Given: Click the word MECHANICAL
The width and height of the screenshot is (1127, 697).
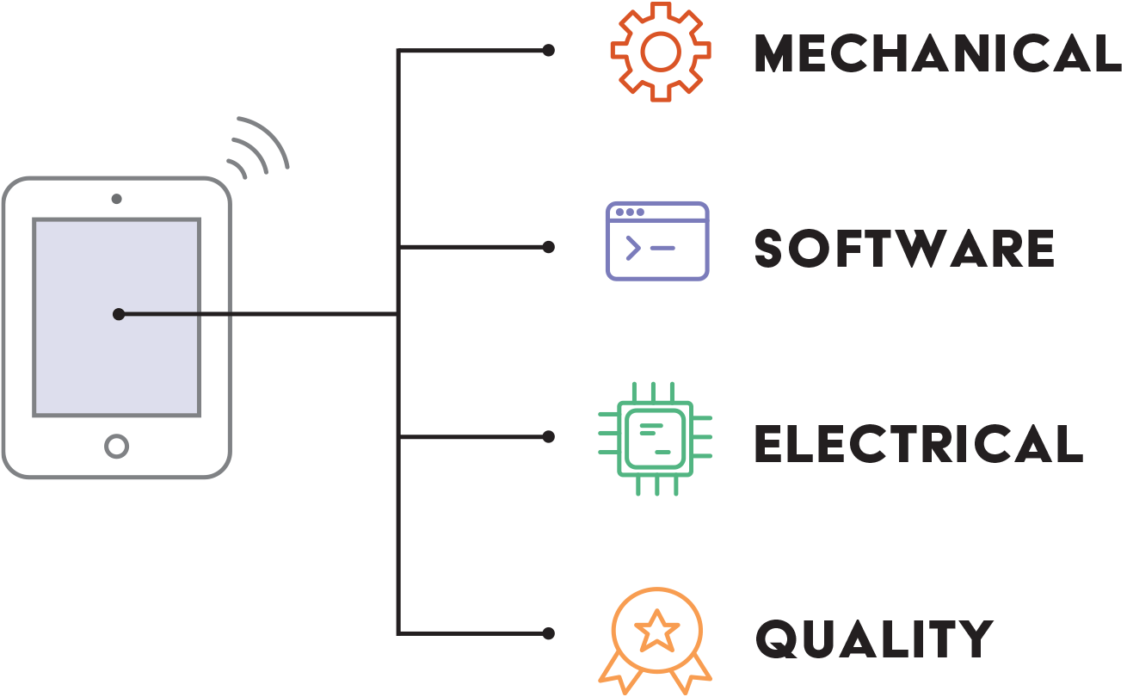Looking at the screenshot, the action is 938,52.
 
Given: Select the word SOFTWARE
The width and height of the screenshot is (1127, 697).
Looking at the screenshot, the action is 904,248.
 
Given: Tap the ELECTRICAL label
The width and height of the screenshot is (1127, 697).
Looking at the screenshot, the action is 919,443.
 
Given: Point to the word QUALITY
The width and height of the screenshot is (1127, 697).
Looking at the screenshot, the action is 874,638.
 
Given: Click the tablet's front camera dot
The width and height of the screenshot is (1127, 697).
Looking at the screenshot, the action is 117,199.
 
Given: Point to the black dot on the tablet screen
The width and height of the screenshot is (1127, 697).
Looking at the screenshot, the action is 119,315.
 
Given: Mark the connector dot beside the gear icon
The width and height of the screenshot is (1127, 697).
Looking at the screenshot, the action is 548,50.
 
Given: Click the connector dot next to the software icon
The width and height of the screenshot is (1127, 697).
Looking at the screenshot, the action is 548,247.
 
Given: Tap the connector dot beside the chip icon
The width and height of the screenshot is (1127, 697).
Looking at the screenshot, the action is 548,437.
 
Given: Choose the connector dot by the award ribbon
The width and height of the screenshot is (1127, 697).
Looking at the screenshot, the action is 548,633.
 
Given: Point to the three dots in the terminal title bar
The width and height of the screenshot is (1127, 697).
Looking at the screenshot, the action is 630,212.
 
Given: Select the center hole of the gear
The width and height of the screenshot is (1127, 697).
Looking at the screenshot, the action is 661,52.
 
